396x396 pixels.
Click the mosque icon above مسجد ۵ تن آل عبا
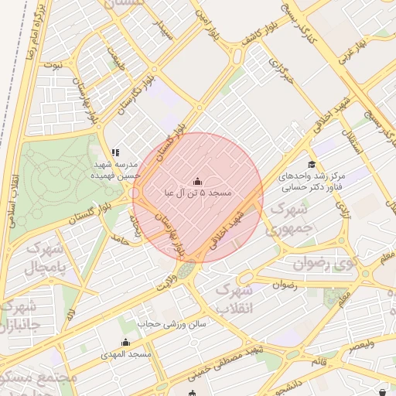point(196,181)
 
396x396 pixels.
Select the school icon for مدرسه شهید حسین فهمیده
point(115,153)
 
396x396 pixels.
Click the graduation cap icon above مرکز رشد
point(312,164)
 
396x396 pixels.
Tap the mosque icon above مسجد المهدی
point(125,342)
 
